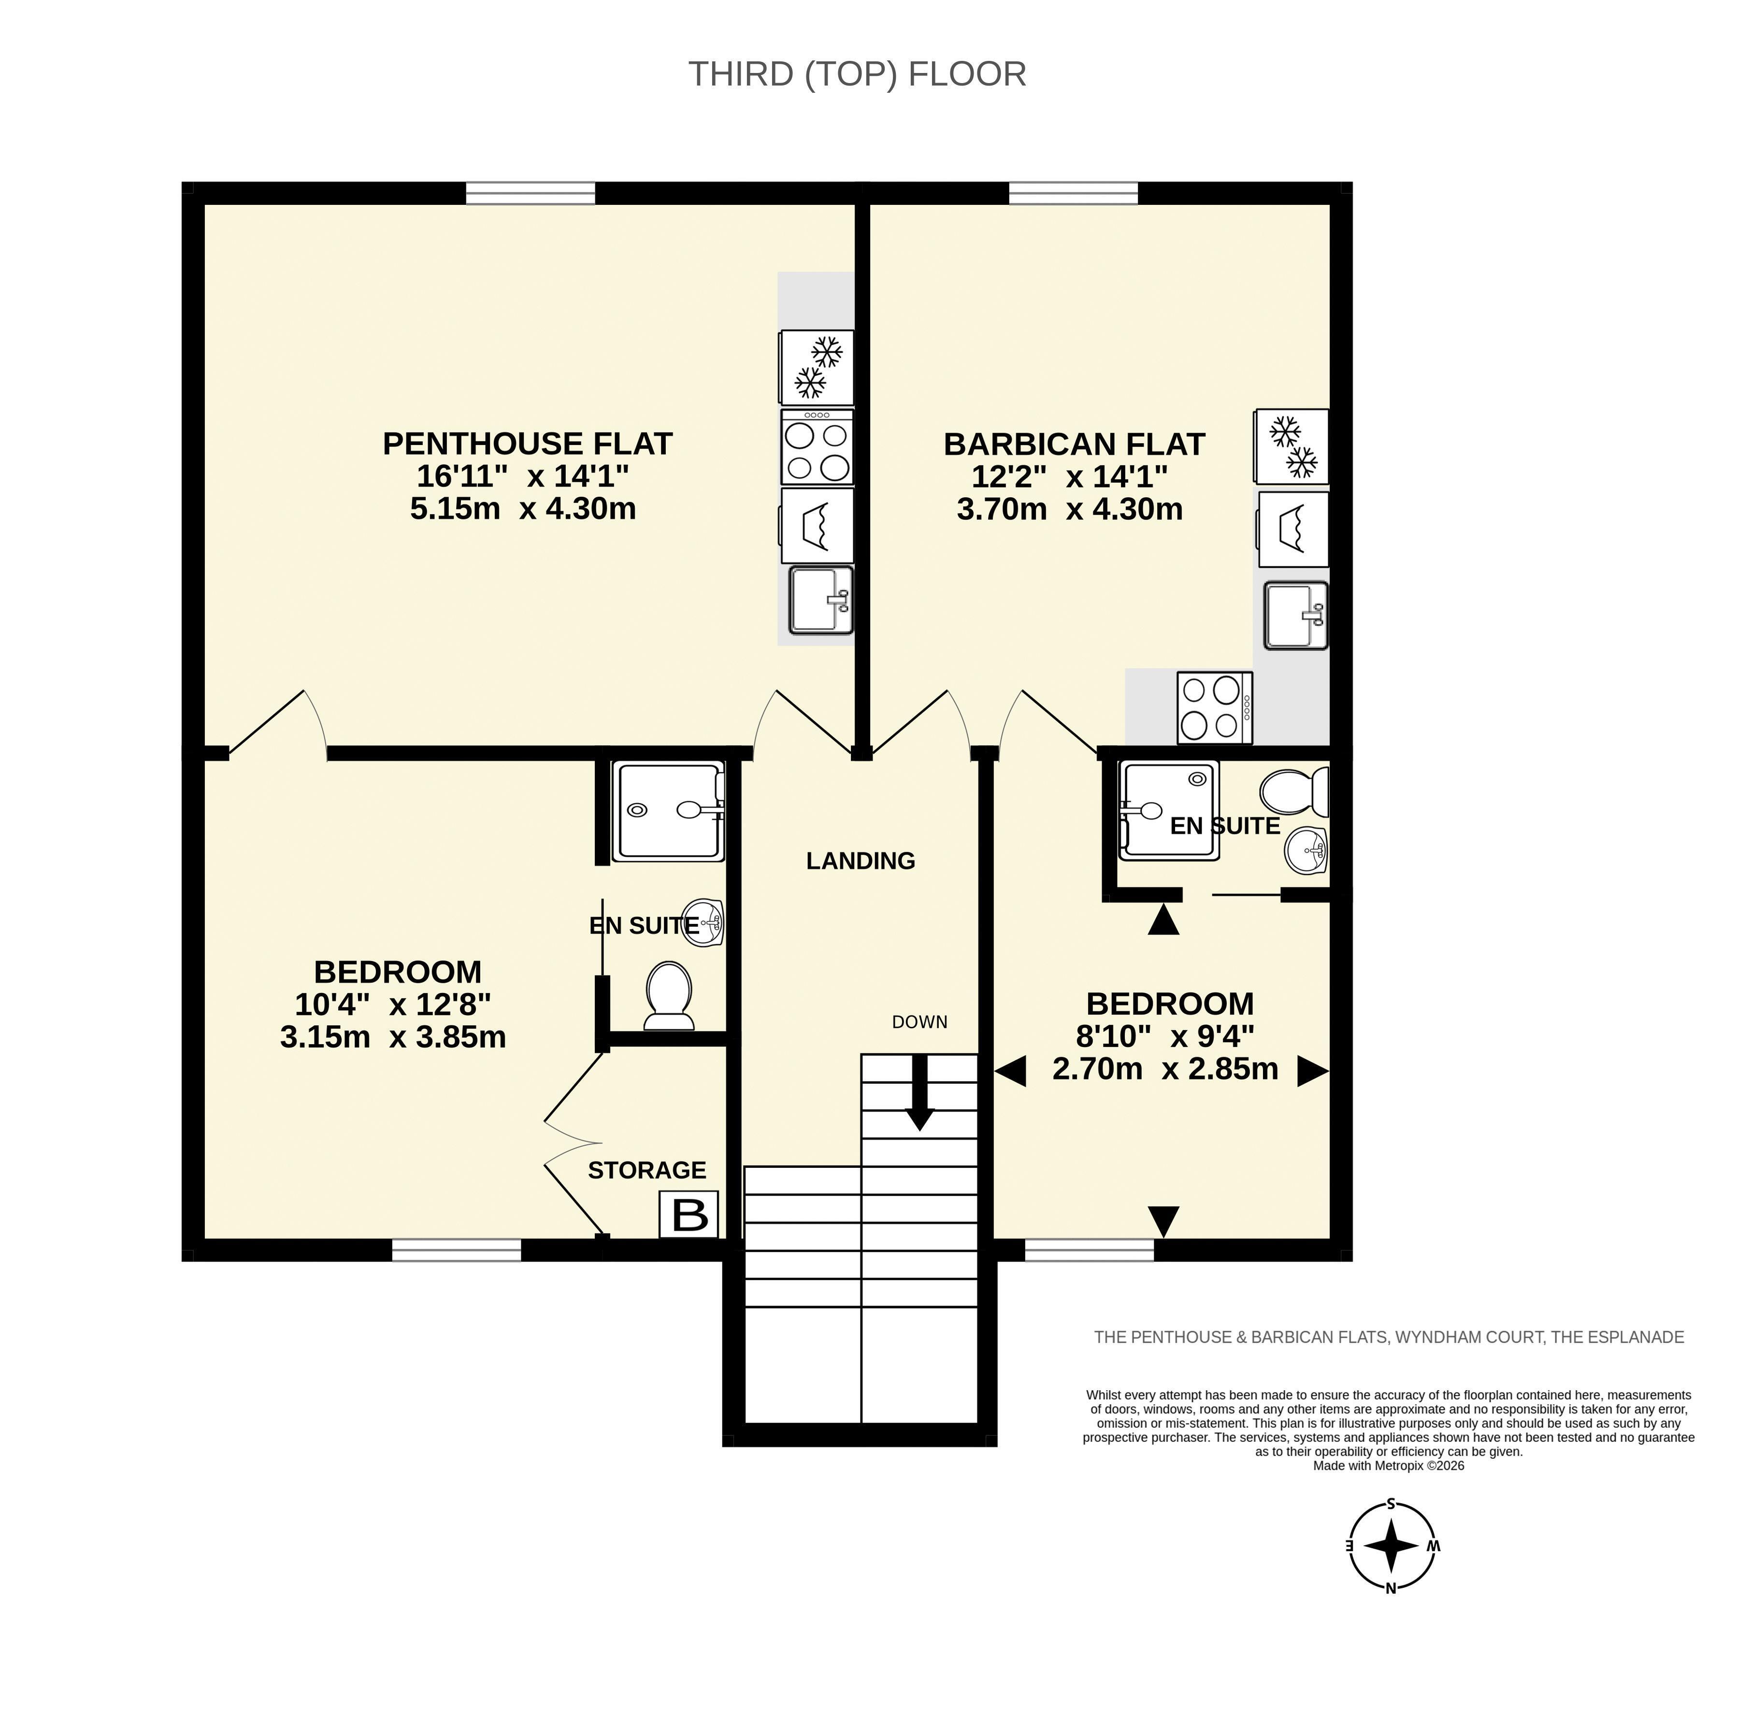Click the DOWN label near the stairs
919,1022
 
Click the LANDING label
860,861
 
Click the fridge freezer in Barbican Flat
1292,446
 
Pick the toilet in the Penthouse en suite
669,995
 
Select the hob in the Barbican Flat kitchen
1215,708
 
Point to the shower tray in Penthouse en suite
669,811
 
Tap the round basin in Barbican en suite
1306,848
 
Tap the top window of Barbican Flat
1073,193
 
